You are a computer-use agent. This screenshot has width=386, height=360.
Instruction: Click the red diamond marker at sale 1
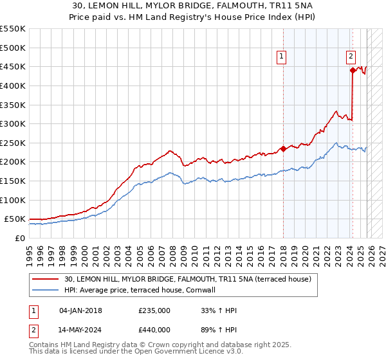click(x=283, y=148)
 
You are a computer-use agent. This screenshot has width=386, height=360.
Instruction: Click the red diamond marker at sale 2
click(x=352, y=71)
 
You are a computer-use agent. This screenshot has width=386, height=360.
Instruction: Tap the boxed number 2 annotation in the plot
click(x=351, y=56)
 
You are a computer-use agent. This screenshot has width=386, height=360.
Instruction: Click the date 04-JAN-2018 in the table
click(x=80, y=310)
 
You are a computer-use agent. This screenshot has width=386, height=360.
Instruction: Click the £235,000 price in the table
click(x=154, y=310)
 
